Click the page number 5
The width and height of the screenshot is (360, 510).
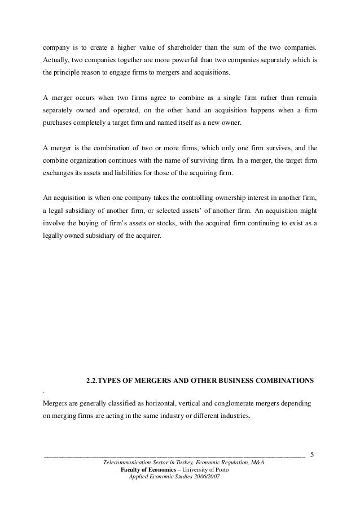[x=314, y=454]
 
